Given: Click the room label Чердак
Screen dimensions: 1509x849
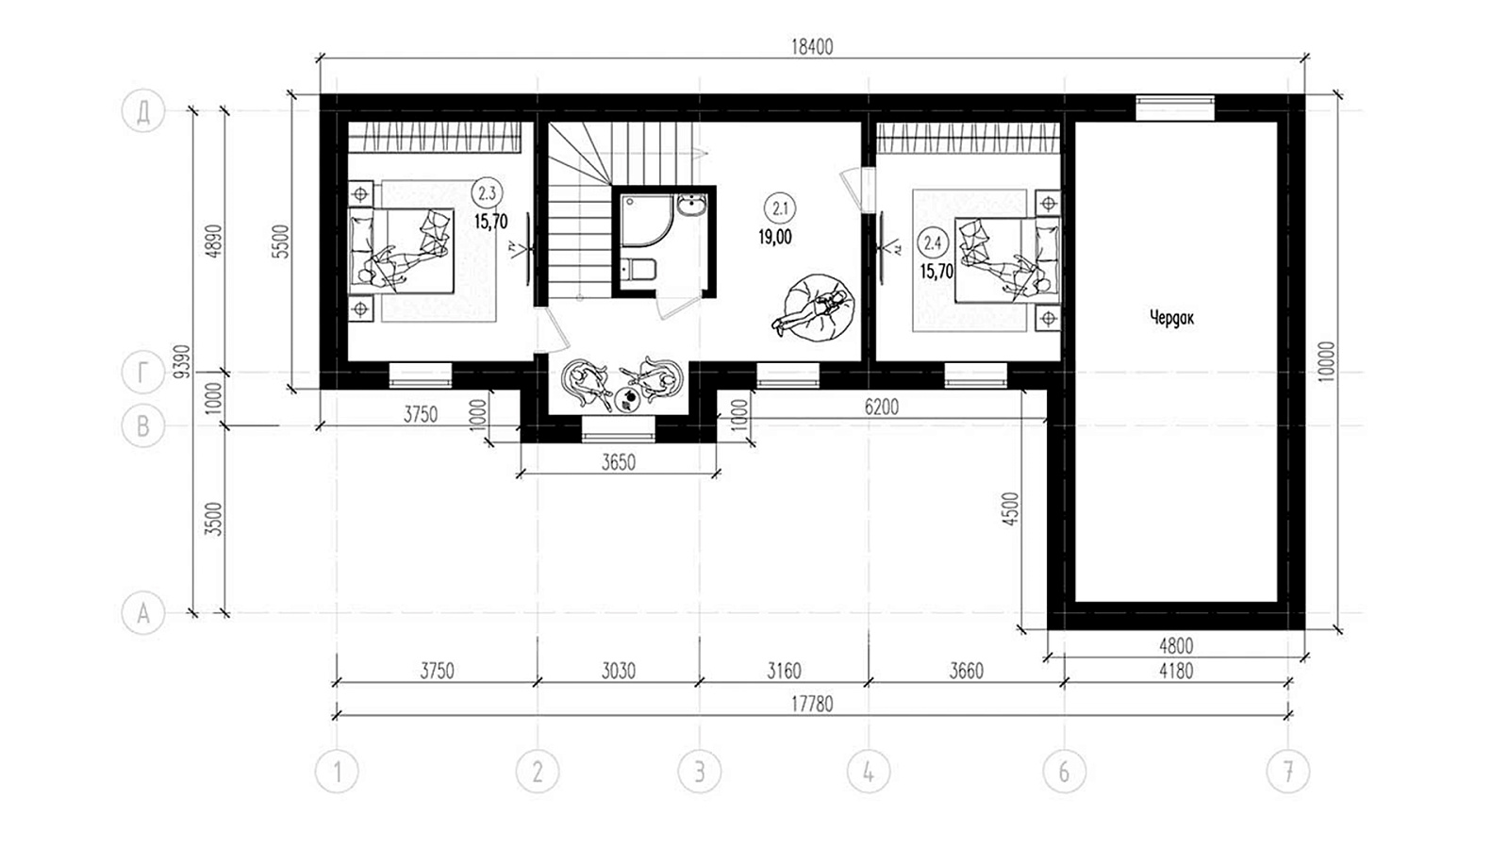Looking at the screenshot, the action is click(1172, 318).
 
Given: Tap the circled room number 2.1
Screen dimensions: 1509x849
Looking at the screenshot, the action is click(781, 208).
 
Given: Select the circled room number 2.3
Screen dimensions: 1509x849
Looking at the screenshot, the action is click(487, 194).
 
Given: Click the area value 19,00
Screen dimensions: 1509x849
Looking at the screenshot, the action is click(775, 237).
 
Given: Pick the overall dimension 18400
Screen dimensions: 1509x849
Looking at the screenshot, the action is click(812, 47).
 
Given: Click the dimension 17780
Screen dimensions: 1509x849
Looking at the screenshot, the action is click(812, 704).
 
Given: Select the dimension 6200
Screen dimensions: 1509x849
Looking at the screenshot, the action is click(882, 407).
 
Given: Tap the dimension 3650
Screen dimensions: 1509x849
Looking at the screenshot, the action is click(619, 462).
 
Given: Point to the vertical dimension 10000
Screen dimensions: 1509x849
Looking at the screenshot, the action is click(1326, 362).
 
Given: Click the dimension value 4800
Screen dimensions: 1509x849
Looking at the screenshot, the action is click(1176, 646).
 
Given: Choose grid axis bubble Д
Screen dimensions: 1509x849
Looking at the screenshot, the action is click(142, 111).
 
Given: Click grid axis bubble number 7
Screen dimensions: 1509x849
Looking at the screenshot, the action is click(1288, 772).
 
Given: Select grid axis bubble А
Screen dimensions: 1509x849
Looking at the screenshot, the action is click(142, 613).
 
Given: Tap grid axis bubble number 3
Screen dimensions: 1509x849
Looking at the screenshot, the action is click(699, 772).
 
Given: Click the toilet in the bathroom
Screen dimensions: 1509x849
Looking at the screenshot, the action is click(638, 270).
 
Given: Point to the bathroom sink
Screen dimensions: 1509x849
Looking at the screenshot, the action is click(691, 205).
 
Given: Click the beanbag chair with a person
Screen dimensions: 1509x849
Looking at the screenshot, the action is click(815, 308).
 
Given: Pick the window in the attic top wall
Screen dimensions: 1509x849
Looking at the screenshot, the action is click(1175, 108).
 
